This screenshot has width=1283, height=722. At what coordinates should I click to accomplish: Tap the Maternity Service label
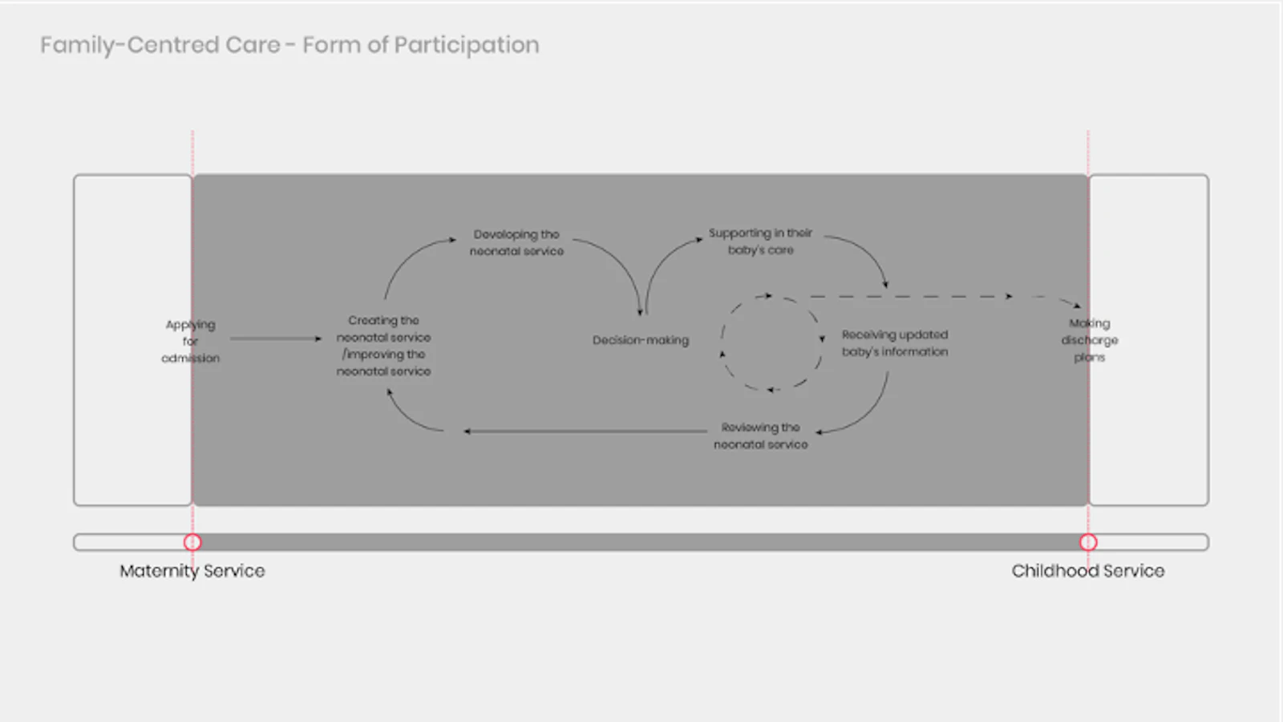pos(192,570)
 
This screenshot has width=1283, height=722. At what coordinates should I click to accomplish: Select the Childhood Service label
pos(1087,570)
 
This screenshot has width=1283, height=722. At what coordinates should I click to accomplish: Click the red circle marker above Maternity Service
pos(192,542)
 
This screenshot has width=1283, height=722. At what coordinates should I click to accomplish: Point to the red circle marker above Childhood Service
pos(1088,542)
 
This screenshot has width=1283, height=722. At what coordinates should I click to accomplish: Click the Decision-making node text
pos(641,340)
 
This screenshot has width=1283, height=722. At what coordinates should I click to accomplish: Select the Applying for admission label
pos(190,341)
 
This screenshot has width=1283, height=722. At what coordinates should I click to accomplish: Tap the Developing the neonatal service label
pos(516,242)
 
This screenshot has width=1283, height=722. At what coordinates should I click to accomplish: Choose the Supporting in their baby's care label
pos(760,241)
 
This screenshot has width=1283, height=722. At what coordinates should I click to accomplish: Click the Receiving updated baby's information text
pos(895,343)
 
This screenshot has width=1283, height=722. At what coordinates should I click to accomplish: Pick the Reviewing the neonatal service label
pos(760,436)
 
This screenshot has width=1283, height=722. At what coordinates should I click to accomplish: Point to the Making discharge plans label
pos(1090,340)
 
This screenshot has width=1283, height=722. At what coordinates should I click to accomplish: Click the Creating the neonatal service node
pos(383,346)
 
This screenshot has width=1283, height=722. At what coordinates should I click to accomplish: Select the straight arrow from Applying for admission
pos(275,339)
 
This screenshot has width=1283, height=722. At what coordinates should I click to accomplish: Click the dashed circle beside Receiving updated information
pos(772,343)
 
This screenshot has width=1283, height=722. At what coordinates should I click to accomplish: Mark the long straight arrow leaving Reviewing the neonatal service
pos(585,432)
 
